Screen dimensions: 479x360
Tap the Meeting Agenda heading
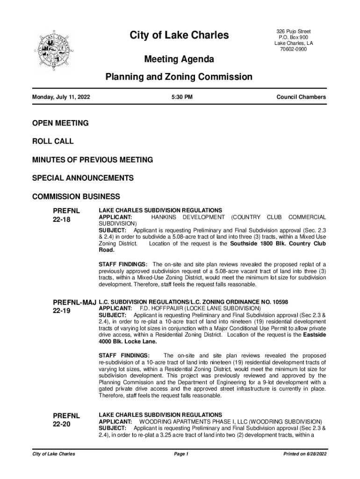(179, 59)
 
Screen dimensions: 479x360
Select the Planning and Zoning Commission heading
(179, 77)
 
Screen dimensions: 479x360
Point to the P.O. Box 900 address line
(293, 37)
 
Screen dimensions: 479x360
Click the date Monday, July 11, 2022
(61, 97)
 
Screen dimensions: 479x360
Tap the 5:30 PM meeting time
(182, 97)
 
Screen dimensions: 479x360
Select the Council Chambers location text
(301, 97)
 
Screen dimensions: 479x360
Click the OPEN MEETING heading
(60, 123)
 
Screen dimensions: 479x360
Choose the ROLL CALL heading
(53, 141)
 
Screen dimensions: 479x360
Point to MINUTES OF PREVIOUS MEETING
(92, 160)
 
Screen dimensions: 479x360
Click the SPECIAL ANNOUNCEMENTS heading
(83, 178)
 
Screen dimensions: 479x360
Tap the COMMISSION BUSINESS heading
(76, 196)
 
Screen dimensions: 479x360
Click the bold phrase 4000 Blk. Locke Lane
(128, 341)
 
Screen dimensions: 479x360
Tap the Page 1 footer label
(180, 454)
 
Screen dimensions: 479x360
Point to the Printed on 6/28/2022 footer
(302, 454)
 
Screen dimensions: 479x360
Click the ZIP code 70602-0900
(293, 50)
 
